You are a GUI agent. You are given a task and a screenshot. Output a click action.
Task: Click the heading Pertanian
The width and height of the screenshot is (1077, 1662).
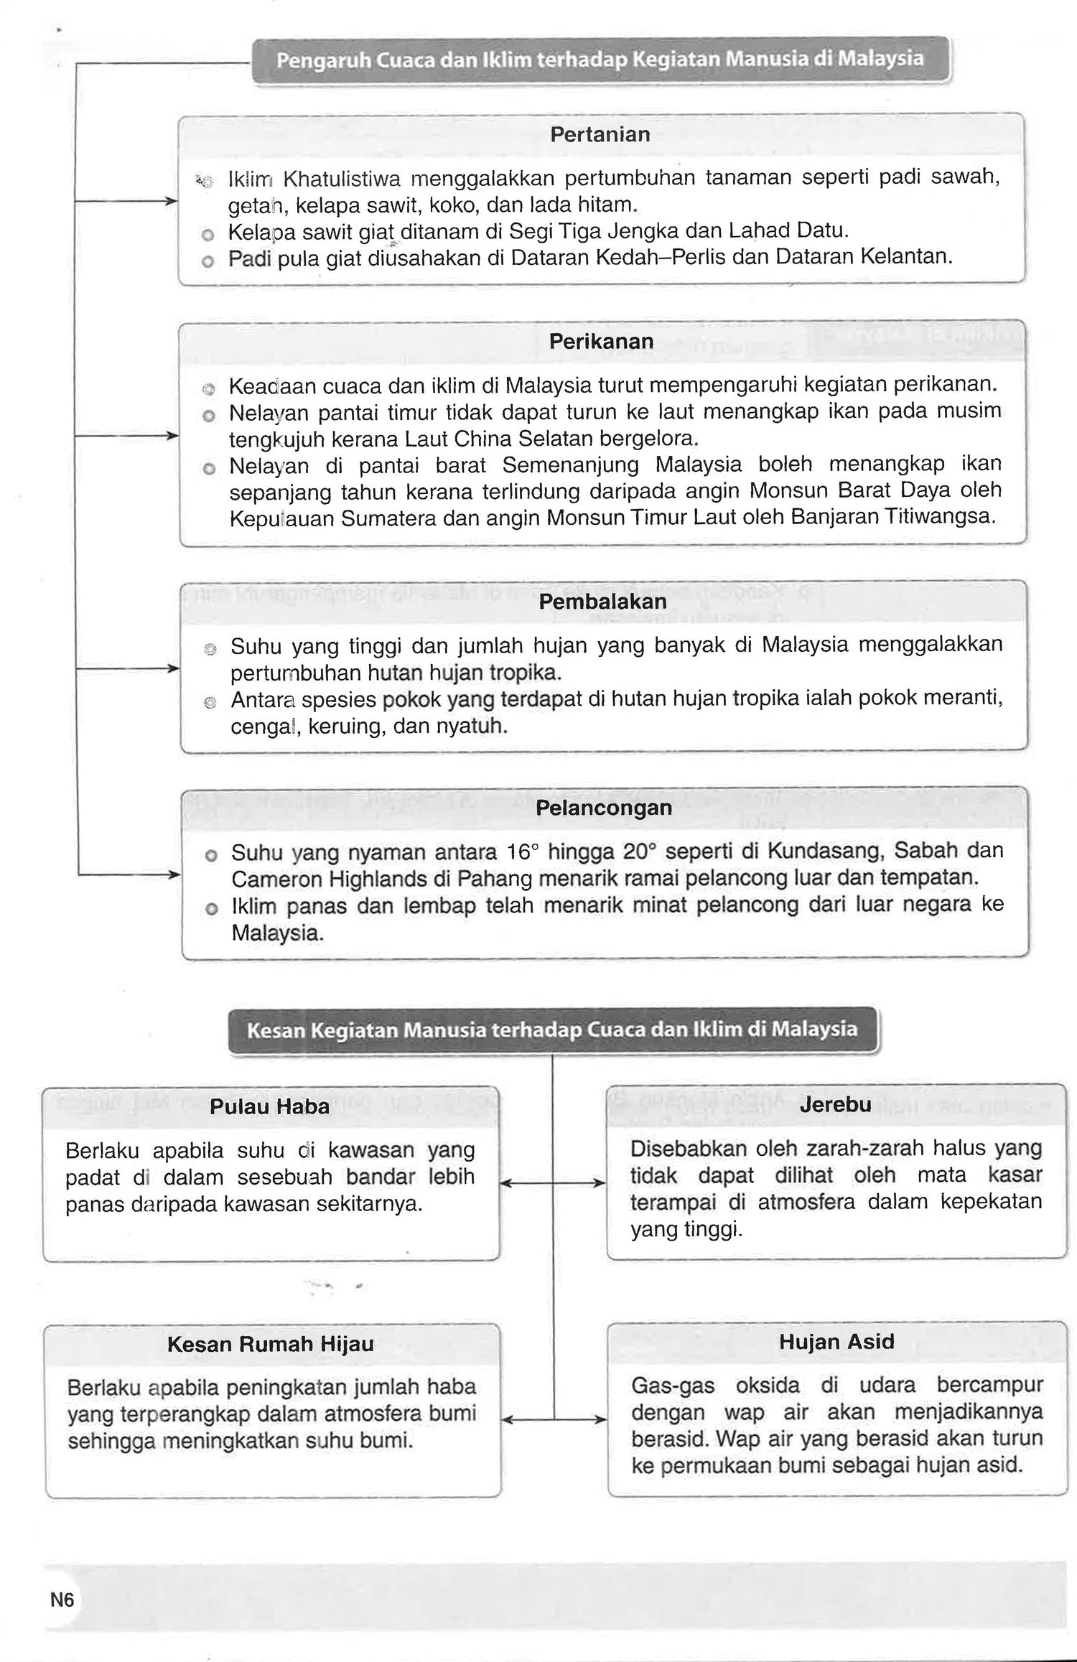(x=600, y=135)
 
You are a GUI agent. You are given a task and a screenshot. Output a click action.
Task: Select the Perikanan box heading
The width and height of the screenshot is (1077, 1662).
(x=601, y=342)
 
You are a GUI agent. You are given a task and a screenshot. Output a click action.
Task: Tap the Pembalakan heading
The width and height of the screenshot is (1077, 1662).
(x=602, y=602)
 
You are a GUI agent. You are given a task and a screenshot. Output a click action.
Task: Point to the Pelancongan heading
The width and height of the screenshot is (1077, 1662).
(x=603, y=808)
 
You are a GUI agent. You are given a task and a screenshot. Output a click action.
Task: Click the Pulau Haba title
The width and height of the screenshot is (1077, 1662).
(x=269, y=1106)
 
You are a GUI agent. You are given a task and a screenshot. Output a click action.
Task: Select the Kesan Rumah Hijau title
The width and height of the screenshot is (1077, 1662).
(x=270, y=1344)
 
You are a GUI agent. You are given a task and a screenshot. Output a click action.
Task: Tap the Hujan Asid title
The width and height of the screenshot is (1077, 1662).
(x=836, y=1342)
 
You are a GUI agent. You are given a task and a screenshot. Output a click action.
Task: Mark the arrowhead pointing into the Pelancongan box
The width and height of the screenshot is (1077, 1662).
(x=174, y=874)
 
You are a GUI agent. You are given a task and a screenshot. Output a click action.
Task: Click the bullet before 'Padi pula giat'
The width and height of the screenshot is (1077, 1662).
(x=208, y=261)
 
